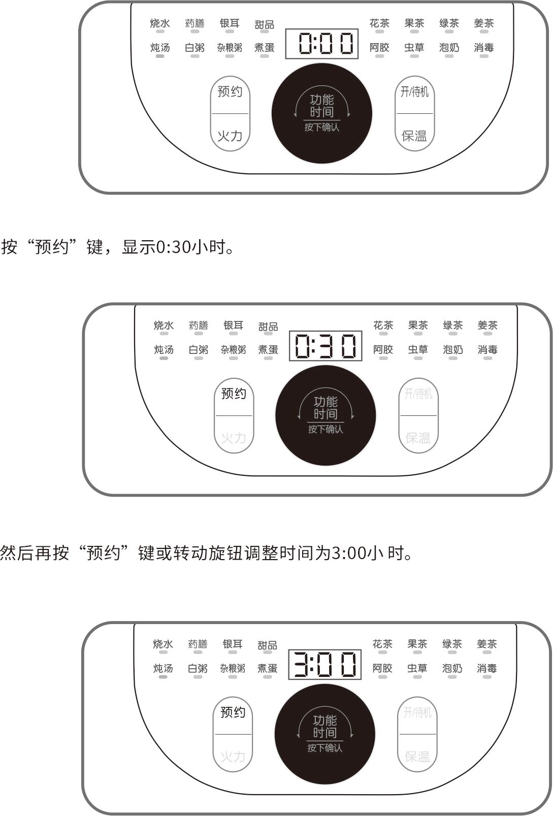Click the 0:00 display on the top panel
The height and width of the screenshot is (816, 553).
point(321,44)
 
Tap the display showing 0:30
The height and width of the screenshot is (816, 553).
point(326,346)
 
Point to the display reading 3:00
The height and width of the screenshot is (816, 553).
point(324,665)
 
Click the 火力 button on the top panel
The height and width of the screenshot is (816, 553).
point(230,136)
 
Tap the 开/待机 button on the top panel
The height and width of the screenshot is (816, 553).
point(414,92)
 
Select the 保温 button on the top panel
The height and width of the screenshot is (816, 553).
point(414,136)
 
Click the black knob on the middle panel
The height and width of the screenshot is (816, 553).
point(326,416)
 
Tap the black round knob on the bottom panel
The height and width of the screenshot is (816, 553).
point(324,734)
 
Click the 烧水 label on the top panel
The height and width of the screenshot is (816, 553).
point(160,23)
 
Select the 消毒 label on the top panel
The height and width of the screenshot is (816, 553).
point(484,48)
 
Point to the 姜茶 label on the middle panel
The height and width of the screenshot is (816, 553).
point(487,325)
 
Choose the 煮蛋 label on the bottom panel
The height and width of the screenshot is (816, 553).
point(268,668)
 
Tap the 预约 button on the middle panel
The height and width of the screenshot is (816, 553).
point(234,394)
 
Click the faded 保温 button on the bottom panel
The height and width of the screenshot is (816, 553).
point(417,757)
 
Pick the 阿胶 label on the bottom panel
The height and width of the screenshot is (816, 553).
point(382,668)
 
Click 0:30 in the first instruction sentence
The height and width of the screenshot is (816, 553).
point(173,247)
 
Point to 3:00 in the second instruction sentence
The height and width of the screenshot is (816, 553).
point(348,553)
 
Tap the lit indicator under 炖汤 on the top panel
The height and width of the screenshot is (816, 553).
point(160,56)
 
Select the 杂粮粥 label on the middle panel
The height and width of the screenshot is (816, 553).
point(234,350)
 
